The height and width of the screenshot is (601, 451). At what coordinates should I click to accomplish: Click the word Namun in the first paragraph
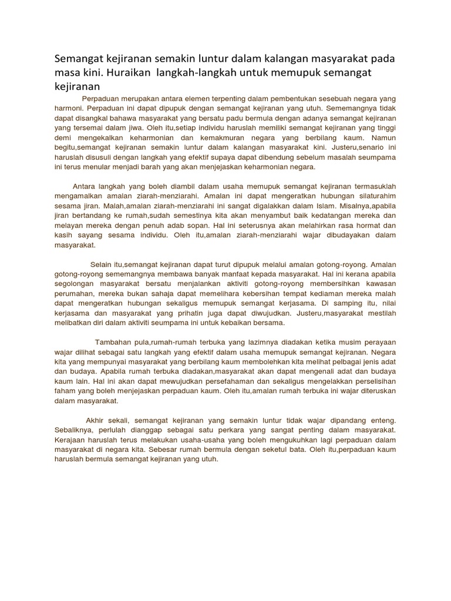pyautogui.click(x=382, y=138)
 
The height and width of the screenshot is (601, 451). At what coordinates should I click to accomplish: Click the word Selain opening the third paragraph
pyautogui.click(x=102, y=264)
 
